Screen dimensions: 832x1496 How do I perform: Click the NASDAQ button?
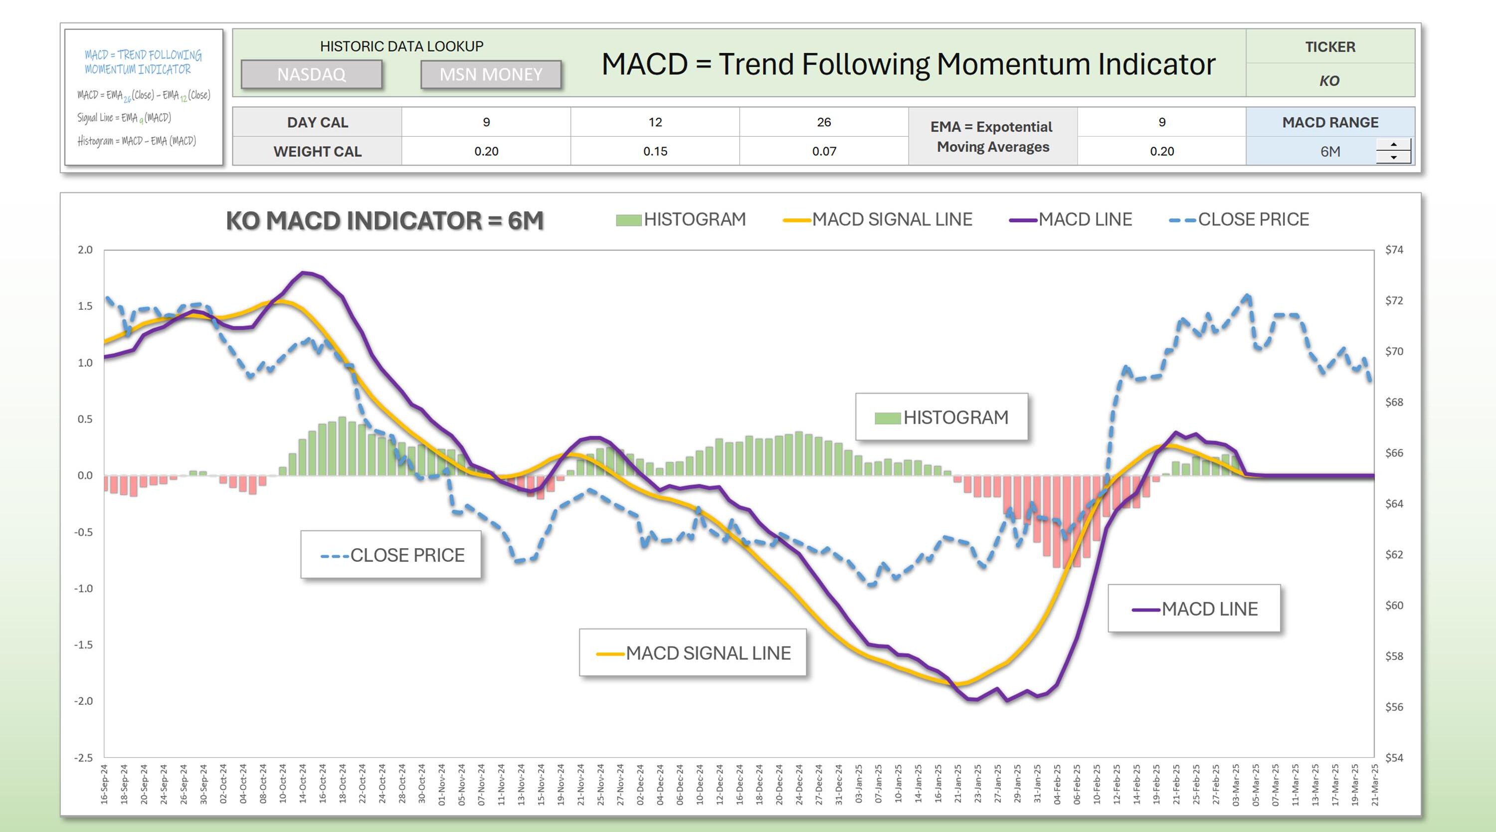point(311,74)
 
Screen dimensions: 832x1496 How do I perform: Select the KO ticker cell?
point(1329,81)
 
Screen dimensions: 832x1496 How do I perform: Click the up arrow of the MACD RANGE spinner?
point(1393,145)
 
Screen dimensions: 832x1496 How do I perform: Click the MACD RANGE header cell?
point(1329,122)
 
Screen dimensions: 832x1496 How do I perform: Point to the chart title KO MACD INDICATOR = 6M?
point(384,221)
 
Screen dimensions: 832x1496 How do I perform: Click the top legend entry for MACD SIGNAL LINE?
point(878,219)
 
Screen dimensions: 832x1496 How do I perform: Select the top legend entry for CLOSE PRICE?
point(1239,219)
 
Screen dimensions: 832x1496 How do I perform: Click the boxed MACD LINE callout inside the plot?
point(1194,609)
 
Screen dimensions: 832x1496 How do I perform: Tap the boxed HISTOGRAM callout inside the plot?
point(941,417)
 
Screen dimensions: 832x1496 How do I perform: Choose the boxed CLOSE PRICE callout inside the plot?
point(391,555)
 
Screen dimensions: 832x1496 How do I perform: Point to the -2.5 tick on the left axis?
point(83,758)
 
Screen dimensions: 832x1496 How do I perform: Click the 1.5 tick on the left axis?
point(85,306)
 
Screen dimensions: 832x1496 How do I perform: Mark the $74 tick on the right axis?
point(1394,250)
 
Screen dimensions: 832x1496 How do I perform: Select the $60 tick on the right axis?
point(1394,606)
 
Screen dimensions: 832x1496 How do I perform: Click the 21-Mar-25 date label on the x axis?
point(1374,784)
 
